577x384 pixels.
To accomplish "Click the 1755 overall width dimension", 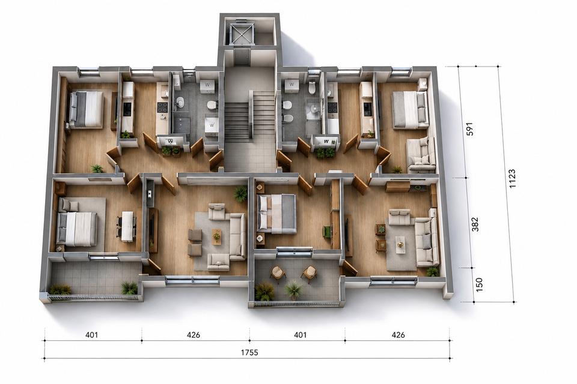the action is (x=249, y=352).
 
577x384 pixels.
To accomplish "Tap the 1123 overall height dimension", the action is (x=512, y=178).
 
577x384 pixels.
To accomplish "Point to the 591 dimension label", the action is (x=469, y=129).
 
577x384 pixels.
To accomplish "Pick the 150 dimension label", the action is (x=479, y=285).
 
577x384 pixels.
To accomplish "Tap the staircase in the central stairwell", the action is (x=249, y=115).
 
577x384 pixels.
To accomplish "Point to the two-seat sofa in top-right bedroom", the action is (x=421, y=154).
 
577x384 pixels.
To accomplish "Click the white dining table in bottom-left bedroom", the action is (x=127, y=226).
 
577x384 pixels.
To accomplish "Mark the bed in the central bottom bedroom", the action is (x=276, y=214).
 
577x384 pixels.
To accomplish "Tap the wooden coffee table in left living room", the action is (x=217, y=236).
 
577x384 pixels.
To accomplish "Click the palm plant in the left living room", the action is (x=240, y=193).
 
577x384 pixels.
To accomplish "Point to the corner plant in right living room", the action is (x=433, y=272).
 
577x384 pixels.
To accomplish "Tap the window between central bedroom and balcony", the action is (x=294, y=251).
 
